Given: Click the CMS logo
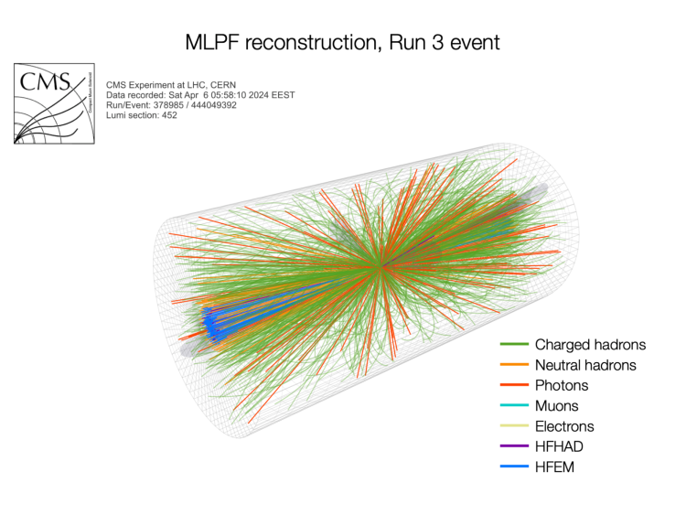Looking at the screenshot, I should coord(54,103).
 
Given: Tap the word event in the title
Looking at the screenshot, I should coord(470,42).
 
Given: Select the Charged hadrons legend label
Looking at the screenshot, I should coord(590,345).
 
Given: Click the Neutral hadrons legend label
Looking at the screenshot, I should coord(585,365).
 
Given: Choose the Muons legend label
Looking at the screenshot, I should coord(557,405).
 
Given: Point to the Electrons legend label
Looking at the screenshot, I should coord(564,426).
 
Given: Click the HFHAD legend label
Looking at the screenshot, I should coord(560,446).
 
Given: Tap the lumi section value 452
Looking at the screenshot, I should coord(161,115).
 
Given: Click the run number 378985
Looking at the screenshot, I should coord(167,105).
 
